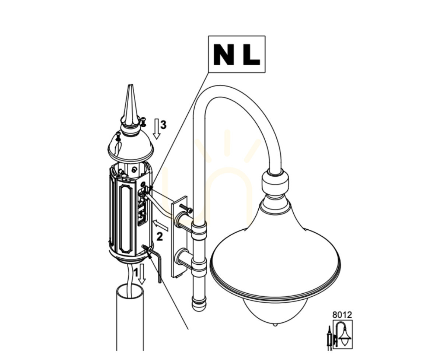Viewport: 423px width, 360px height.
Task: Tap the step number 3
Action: tap(163, 125)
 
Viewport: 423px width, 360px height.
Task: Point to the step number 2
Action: tap(160, 237)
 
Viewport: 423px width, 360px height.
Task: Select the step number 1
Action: tap(136, 272)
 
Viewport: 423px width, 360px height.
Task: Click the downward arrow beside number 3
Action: tap(157, 128)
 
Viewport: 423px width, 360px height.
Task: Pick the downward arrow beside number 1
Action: tap(142, 274)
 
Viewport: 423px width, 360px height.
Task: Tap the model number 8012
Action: tap(342, 315)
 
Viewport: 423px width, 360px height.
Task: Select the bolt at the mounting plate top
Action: tap(186, 208)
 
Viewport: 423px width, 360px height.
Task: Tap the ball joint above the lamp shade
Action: tap(275, 181)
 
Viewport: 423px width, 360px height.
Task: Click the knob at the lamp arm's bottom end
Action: tap(199, 303)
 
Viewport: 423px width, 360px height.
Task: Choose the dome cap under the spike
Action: tap(130, 147)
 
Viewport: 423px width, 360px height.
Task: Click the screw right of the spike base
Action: tap(143, 122)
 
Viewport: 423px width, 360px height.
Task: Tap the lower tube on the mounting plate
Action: tap(184, 257)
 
